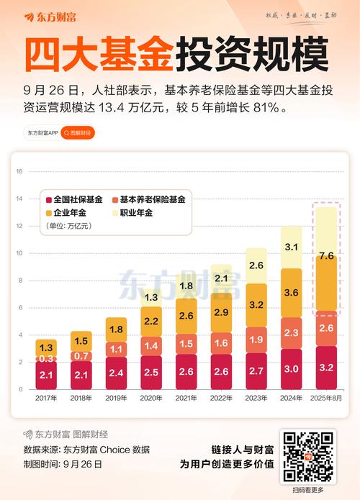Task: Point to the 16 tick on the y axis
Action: [20, 171]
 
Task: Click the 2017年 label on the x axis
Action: [45, 398]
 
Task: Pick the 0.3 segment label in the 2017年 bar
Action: [45, 358]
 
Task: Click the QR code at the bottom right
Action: [308, 457]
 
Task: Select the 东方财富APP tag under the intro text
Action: [42, 133]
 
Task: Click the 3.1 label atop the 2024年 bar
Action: [292, 247]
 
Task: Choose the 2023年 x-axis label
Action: [256, 398]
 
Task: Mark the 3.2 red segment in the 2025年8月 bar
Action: [325, 368]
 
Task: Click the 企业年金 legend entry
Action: [69, 213]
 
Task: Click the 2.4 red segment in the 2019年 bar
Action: [116, 373]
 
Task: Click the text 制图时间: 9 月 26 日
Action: [63, 464]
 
